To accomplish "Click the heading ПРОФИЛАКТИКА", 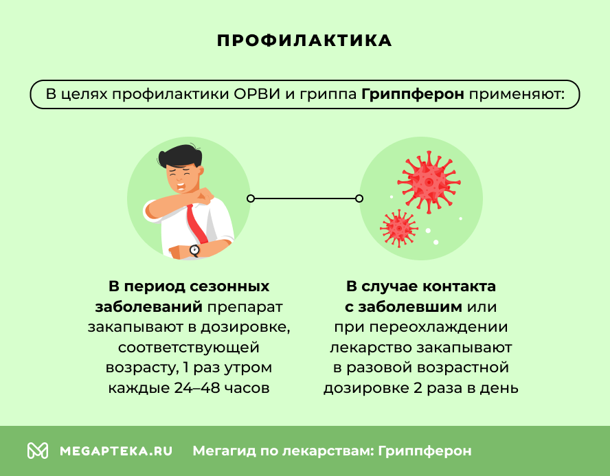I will [x=304, y=41].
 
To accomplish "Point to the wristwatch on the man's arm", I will [x=195, y=250].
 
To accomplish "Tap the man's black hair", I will [x=180, y=155].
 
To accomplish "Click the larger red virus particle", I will [x=430, y=181].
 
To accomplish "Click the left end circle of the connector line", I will [x=251, y=199].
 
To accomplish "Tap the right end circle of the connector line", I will [x=359, y=199].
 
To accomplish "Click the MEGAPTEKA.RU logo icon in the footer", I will [x=38, y=451].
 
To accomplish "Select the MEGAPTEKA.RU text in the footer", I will [x=116, y=451].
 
